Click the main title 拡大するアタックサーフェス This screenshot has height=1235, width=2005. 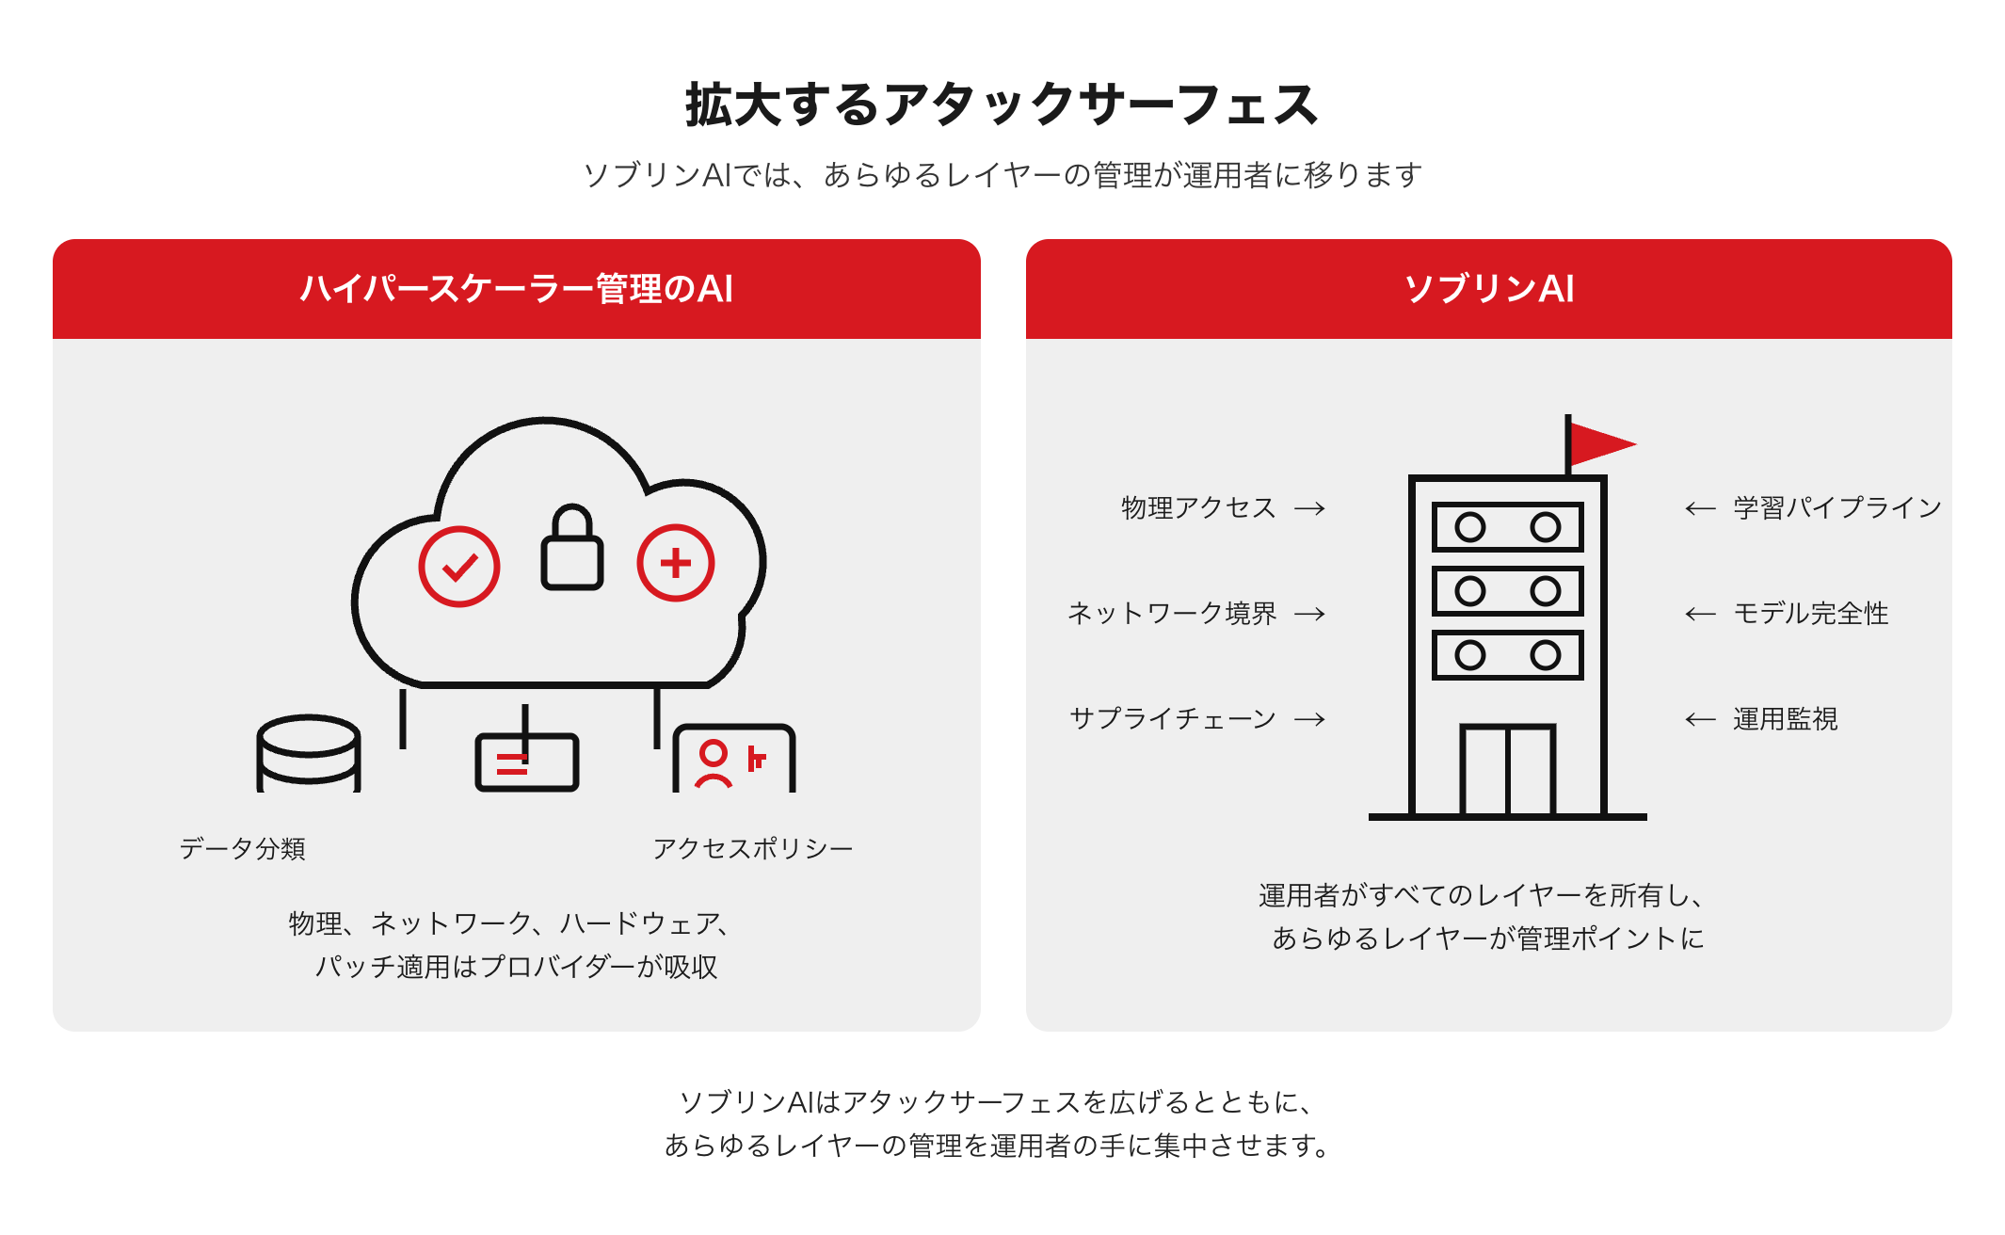[x=1002, y=104]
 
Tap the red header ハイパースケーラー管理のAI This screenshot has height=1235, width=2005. [x=516, y=288]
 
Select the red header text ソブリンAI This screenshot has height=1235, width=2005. [x=1488, y=288]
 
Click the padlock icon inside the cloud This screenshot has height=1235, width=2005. [x=571, y=548]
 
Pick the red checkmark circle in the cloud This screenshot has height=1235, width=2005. [x=459, y=566]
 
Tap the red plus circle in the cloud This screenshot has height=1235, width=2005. [x=676, y=563]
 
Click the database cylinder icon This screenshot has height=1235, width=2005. [x=309, y=753]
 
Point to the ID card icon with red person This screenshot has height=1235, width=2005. [x=734, y=758]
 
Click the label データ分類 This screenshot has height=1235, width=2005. [x=243, y=848]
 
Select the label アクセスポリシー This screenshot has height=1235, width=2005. [x=753, y=848]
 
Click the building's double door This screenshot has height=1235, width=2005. [x=1507, y=769]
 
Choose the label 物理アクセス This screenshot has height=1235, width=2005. [x=1198, y=507]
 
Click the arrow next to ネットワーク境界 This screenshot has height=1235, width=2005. [x=1309, y=614]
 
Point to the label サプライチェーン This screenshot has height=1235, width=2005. [x=1173, y=718]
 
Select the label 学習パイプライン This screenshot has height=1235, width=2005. [x=1837, y=507]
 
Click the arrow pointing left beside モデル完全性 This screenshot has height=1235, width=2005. [x=1700, y=614]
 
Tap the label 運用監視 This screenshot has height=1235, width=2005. [x=1786, y=718]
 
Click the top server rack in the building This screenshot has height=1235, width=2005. [x=1507, y=527]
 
